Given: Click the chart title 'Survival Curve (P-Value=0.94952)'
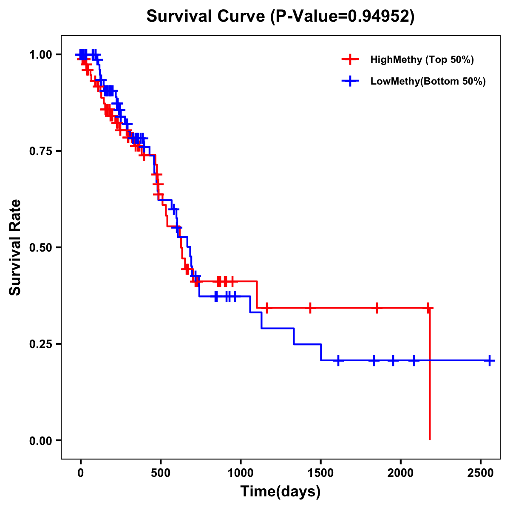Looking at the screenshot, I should [280, 16].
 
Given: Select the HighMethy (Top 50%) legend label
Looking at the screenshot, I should [422, 59].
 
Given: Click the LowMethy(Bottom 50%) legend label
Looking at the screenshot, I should [428, 81].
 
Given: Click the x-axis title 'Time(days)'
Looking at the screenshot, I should [280, 492].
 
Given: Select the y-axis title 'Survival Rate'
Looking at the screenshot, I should [15, 247].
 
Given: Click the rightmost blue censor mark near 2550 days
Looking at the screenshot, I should [490, 360].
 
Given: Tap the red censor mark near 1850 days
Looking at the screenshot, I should [377, 308].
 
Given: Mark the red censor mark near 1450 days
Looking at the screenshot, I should [310, 308].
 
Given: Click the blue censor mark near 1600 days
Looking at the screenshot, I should [338, 360].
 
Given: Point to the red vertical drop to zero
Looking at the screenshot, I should [430, 374].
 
